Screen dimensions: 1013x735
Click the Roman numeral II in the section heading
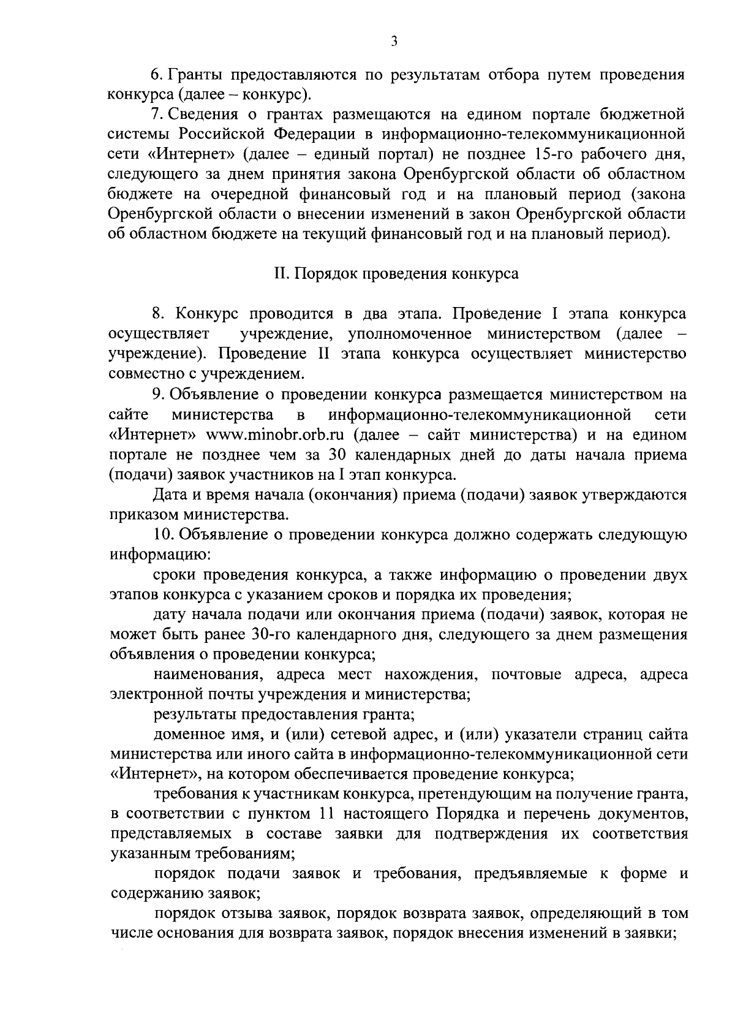pyautogui.click(x=281, y=273)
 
